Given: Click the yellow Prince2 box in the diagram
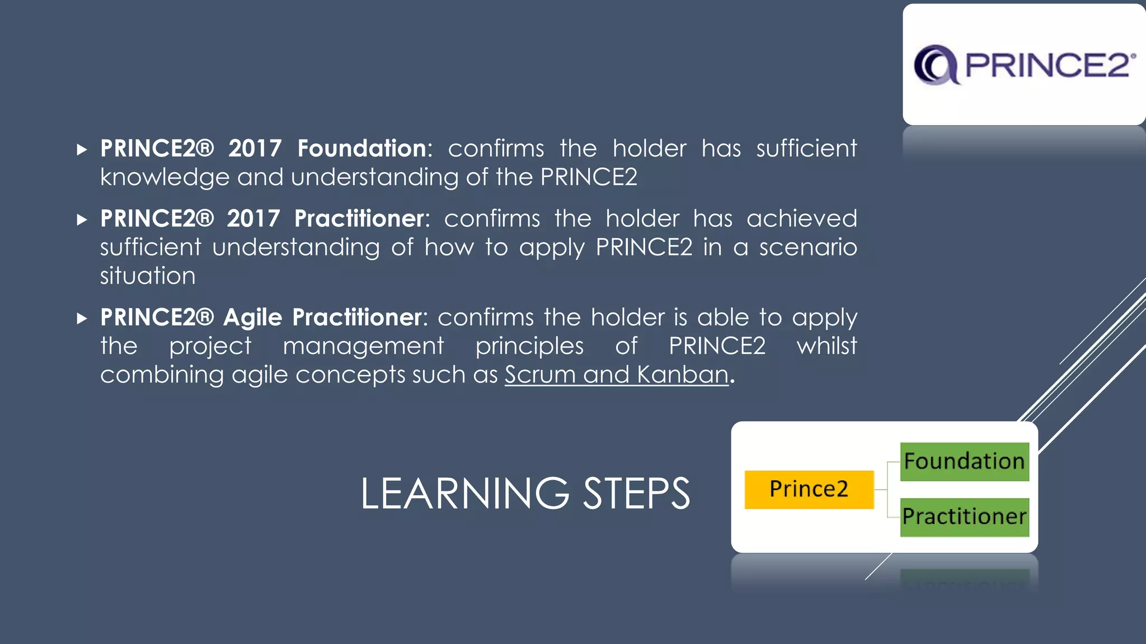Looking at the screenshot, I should (x=809, y=489).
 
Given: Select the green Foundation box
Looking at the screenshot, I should (x=964, y=461).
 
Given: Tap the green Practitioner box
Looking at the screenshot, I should (x=964, y=517).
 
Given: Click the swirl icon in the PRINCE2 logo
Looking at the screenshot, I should (x=936, y=65).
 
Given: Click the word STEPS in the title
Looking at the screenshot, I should (x=636, y=494).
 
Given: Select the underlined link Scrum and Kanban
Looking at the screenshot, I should (x=617, y=375).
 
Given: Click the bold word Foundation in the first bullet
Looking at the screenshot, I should (x=362, y=149).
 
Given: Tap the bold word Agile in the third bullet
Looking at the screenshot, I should (x=253, y=318).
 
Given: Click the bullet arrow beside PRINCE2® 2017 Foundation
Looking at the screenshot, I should (x=82, y=149).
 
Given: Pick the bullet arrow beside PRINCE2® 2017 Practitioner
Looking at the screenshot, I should (x=82, y=219).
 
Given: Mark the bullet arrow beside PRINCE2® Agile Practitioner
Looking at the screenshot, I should (x=82, y=319).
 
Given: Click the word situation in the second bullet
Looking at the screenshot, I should (x=148, y=276).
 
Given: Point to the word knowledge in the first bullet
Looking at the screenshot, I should (x=165, y=178).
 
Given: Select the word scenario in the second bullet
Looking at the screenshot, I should (x=808, y=247).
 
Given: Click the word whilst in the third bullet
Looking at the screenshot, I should (x=826, y=346).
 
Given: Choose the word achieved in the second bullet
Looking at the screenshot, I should (x=801, y=219).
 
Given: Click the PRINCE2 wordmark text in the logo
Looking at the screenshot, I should (x=1048, y=65).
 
